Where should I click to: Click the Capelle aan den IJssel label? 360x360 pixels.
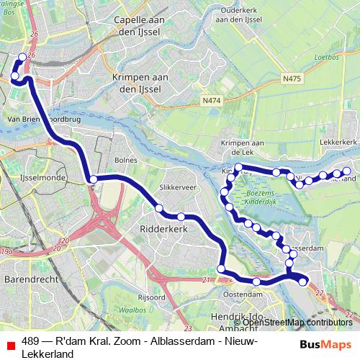pos(140,26)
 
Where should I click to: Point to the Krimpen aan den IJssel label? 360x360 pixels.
pos(140,82)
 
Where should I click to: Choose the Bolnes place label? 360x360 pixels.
pos(125,159)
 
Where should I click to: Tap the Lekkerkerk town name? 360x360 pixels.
pos(338,143)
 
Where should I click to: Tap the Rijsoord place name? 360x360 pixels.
pos(152,296)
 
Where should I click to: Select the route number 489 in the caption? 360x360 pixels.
pos(31,342)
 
